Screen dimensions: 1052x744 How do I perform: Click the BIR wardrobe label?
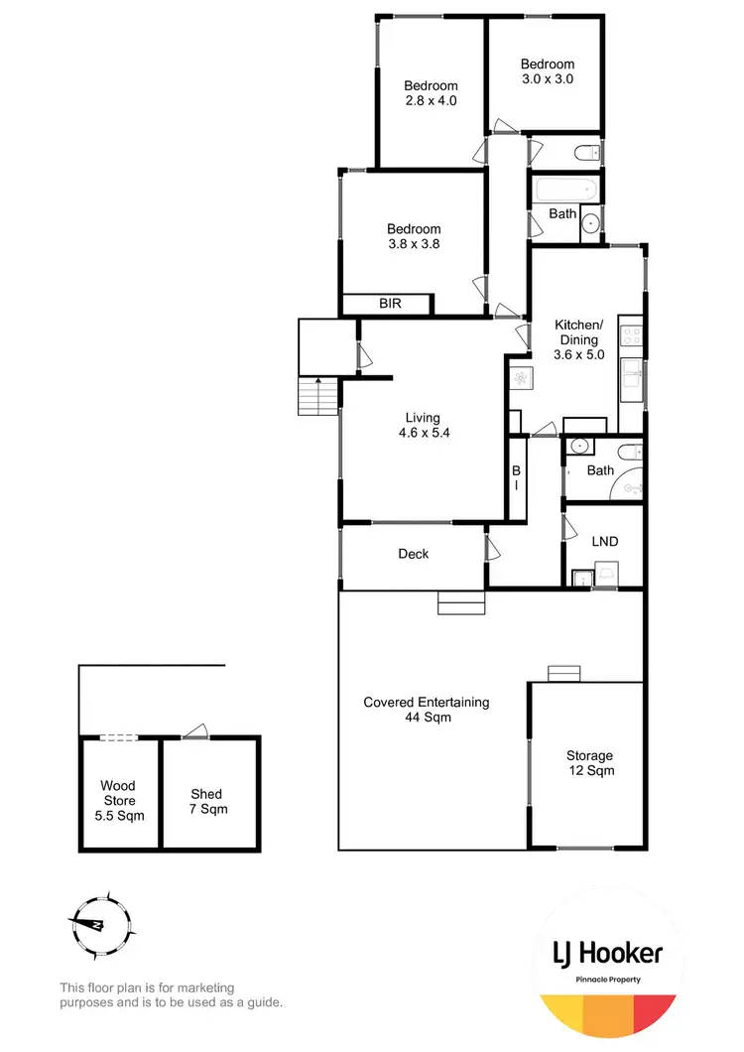tap(390, 304)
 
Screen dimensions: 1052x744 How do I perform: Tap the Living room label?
tap(422, 425)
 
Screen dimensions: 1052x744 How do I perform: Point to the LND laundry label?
tap(604, 542)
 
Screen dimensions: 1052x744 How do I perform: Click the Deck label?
tap(414, 554)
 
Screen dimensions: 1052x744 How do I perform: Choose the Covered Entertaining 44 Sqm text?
tap(427, 709)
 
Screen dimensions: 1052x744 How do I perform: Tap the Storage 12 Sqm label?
tap(589, 762)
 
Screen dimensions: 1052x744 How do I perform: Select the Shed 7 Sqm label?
tap(207, 801)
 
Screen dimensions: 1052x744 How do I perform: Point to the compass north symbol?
tap(100, 922)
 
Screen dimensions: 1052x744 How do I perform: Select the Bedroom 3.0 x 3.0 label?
tap(548, 71)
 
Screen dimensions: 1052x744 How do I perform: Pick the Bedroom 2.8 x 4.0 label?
tap(431, 92)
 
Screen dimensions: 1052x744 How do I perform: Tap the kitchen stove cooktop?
tap(631, 336)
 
